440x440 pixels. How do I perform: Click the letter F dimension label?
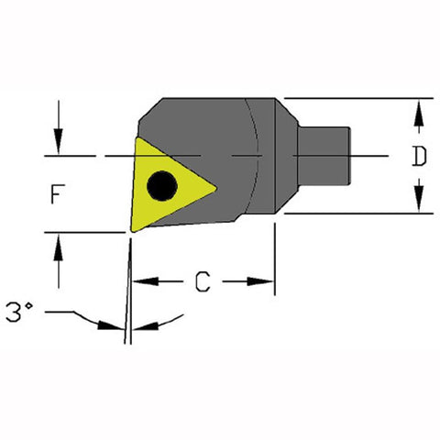click(57, 194)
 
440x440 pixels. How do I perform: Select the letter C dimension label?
click(203, 282)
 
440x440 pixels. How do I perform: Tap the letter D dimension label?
click(419, 157)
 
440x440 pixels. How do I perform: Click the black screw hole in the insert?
click(164, 184)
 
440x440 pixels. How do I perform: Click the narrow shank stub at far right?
click(325, 156)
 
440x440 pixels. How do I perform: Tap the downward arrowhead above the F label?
click(59, 145)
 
